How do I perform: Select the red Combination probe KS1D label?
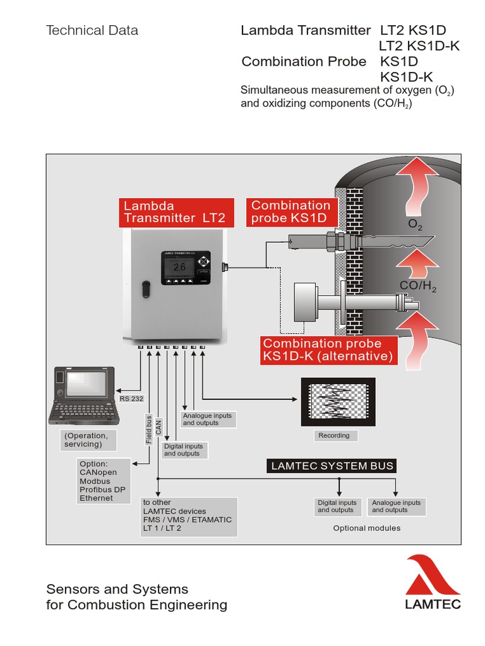point(291,212)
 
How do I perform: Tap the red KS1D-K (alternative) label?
point(328,350)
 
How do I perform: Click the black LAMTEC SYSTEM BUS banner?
point(332,466)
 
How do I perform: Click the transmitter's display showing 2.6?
point(180,267)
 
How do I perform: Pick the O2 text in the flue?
point(415,225)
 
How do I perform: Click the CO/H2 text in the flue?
point(418,288)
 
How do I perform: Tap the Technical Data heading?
point(92,30)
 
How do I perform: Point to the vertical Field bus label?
point(149,429)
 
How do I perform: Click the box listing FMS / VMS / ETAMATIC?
point(189,515)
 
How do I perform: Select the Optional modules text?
point(366,528)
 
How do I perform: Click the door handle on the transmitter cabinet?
point(146,288)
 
